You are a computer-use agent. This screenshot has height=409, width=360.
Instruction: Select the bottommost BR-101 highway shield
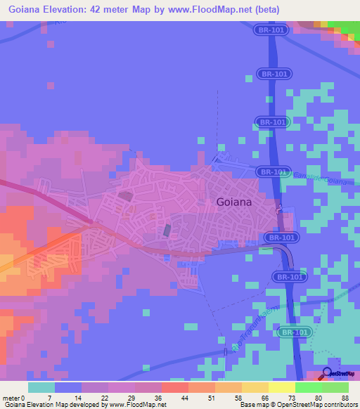point(294,332)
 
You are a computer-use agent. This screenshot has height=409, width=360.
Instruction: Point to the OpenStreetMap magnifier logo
point(328,373)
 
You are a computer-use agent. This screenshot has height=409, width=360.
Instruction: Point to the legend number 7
point(49,398)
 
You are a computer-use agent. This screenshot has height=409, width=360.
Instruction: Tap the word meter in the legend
point(12,398)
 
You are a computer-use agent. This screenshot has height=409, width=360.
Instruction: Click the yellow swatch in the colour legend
point(281,387)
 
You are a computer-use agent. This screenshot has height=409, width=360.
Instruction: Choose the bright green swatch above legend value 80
point(308,387)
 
